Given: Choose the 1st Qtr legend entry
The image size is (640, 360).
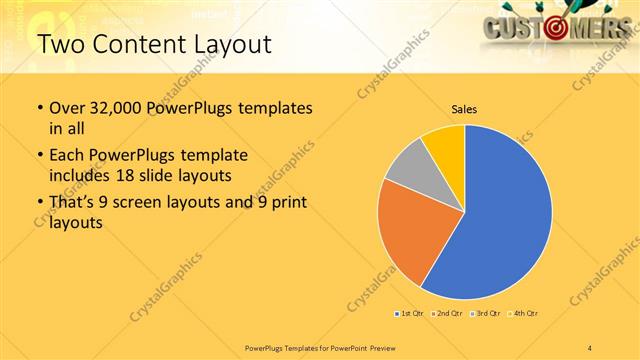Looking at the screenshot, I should (409, 314).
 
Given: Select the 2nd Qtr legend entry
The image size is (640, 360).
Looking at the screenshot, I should (445, 314).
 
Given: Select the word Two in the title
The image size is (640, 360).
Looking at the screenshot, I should (61, 44).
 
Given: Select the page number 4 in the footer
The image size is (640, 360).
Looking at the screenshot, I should (590, 347).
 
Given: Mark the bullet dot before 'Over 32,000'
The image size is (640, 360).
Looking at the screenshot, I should (39, 108).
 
